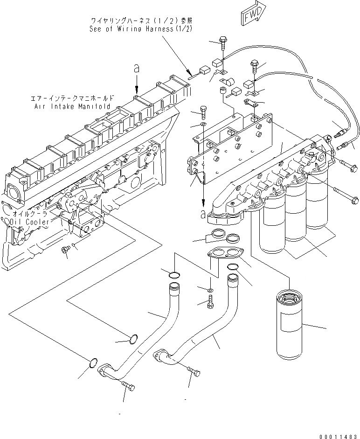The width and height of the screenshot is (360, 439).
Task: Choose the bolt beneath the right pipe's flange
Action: (x=194, y=371)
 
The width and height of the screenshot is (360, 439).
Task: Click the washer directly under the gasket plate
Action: (x=210, y=290)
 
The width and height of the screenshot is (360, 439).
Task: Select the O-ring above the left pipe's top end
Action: (x=174, y=273)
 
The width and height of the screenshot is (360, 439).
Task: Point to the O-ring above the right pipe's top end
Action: (x=232, y=267)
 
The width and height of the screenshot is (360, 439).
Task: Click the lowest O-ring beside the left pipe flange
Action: (x=93, y=362)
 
